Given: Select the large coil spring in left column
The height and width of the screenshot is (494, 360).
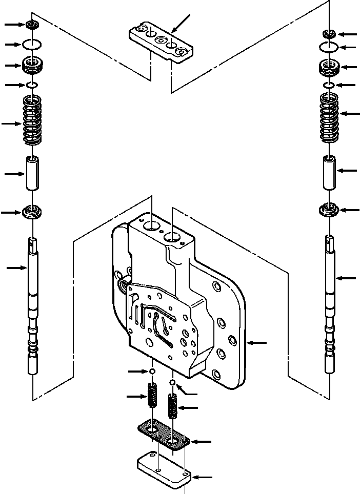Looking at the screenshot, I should [x=32, y=122].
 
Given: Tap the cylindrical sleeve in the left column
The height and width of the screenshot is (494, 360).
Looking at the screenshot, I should [x=32, y=174].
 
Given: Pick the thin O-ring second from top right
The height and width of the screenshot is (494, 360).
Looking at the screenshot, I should [x=329, y=47].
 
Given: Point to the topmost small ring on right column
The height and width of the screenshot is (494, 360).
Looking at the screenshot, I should [x=329, y=34].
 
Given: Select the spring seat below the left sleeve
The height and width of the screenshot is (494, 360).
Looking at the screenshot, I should [x=32, y=211].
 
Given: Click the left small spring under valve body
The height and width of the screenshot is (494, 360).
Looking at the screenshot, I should [x=152, y=396].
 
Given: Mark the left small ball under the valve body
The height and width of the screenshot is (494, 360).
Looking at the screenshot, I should [x=152, y=371].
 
